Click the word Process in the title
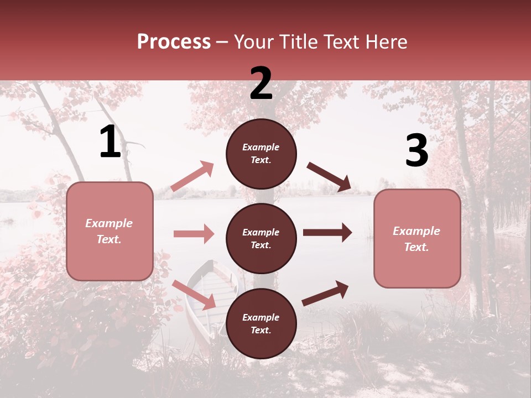tap(174, 42)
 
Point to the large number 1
tap(110, 142)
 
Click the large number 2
tap(261, 83)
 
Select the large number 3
tap(417, 151)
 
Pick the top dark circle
tap(261, 154)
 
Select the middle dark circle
tap(261, 238)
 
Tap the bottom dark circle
tap(261, 323)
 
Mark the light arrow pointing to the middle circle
tap(194, 234)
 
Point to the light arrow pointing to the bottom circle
tap(194, 295)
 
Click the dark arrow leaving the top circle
tap(329, 177)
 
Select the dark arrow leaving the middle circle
tap(327, 233)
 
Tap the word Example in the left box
tap(109, 223)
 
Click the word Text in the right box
tap(417, 247)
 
